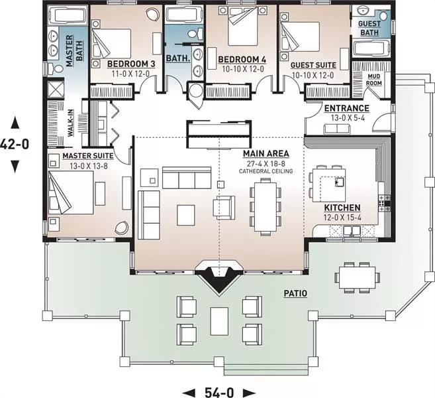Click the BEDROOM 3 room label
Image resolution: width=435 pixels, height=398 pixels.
[131, 64]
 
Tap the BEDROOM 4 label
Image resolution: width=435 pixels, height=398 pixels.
[242, 60]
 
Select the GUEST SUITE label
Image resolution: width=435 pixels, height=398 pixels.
[313, 65]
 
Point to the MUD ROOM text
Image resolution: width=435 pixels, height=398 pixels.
[374, 80]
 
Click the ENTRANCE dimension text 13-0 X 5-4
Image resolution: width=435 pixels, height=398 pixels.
[348, 118]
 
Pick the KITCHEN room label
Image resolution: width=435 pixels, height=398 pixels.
[342, 208]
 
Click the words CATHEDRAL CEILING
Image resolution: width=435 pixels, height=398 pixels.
[266, 171]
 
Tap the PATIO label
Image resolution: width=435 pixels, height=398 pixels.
[295, 293]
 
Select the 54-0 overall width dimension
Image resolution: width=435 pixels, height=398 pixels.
[219, 392]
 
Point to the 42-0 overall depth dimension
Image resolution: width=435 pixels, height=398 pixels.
[15, 144]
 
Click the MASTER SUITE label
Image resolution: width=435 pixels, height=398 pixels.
[88, 156]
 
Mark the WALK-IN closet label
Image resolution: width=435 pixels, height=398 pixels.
[71, 123]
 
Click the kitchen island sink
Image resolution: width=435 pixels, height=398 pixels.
[340, 182]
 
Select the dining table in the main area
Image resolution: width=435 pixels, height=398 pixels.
[266, 206]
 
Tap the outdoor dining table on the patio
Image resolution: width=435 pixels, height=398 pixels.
[357, 277]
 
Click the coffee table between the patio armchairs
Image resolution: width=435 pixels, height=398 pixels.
[219, 321]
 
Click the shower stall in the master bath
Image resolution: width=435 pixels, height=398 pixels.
[56, 89]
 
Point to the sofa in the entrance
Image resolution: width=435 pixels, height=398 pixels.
[337, 129]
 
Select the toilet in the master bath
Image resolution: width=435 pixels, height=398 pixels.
[56, 68]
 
